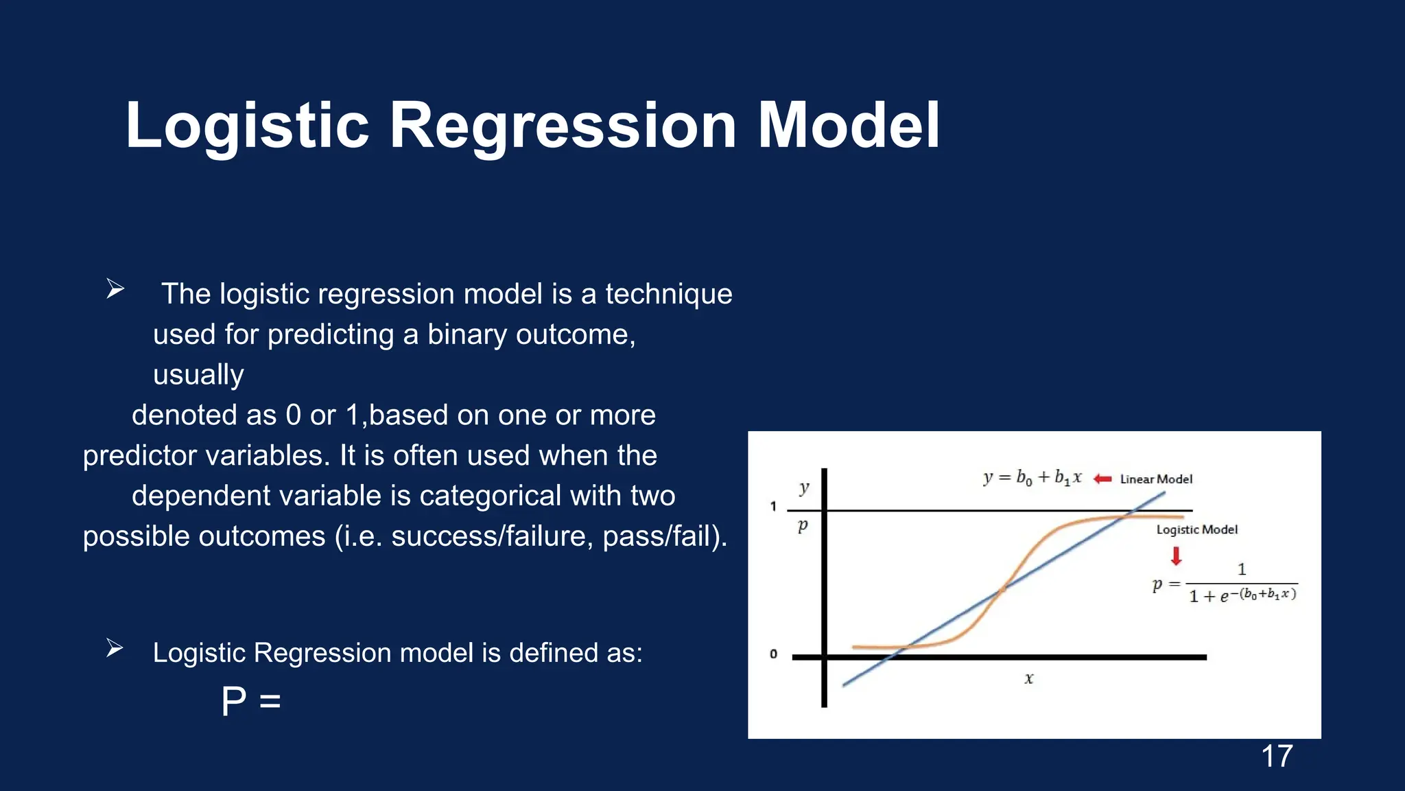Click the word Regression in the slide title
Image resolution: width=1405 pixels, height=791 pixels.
click(563, 126)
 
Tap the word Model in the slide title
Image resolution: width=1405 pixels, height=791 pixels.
click(848, 126)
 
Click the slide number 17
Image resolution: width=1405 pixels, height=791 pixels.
click(1277, 756)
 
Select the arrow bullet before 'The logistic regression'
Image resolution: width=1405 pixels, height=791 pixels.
click(115, 289)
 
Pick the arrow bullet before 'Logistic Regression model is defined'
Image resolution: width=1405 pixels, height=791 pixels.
click(115, 647)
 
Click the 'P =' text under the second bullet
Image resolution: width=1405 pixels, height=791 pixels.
click(251, 702)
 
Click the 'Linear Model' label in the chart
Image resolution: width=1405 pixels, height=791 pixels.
click(1156, 479)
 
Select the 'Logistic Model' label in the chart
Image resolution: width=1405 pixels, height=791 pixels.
click(1196, 529)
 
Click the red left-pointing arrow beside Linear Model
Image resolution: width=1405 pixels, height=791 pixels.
click(1102, 479)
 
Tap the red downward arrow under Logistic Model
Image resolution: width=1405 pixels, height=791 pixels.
click(1176, 555)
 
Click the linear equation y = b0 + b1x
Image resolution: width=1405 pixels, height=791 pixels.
click(1032, 477)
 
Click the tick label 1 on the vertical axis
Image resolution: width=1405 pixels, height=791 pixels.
click(773, 507)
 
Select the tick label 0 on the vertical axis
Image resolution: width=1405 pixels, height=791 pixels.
click(773, 654)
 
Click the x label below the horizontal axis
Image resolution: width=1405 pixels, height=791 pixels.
click(1028, 678)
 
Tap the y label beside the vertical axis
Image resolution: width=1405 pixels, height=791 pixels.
click(804, 488)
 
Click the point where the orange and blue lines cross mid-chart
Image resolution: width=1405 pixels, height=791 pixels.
click(1002, 589)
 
